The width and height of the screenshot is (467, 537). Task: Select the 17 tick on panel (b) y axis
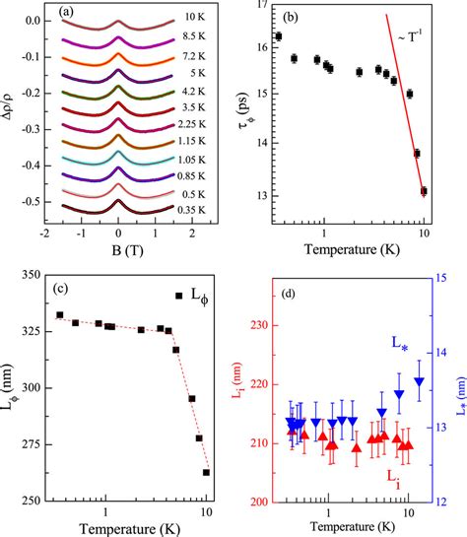[258, 7]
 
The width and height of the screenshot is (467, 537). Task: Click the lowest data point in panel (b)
[424, 191]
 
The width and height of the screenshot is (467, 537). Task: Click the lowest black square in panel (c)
[206, 472]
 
